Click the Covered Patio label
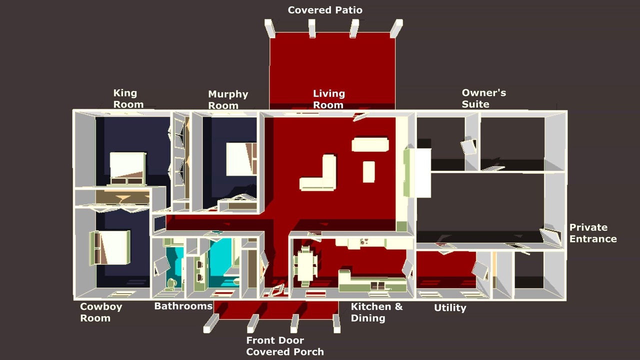325,10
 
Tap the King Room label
128,98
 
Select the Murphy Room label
228,99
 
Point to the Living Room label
329,99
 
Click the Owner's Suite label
483,98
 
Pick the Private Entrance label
593,233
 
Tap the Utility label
450,307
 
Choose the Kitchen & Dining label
376,312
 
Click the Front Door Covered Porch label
285,346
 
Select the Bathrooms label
183,306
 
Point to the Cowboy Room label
101,312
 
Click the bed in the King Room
127,168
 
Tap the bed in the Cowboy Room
110,247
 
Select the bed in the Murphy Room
241,159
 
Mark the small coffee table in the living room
368,171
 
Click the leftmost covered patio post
269,28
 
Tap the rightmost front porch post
337,323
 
